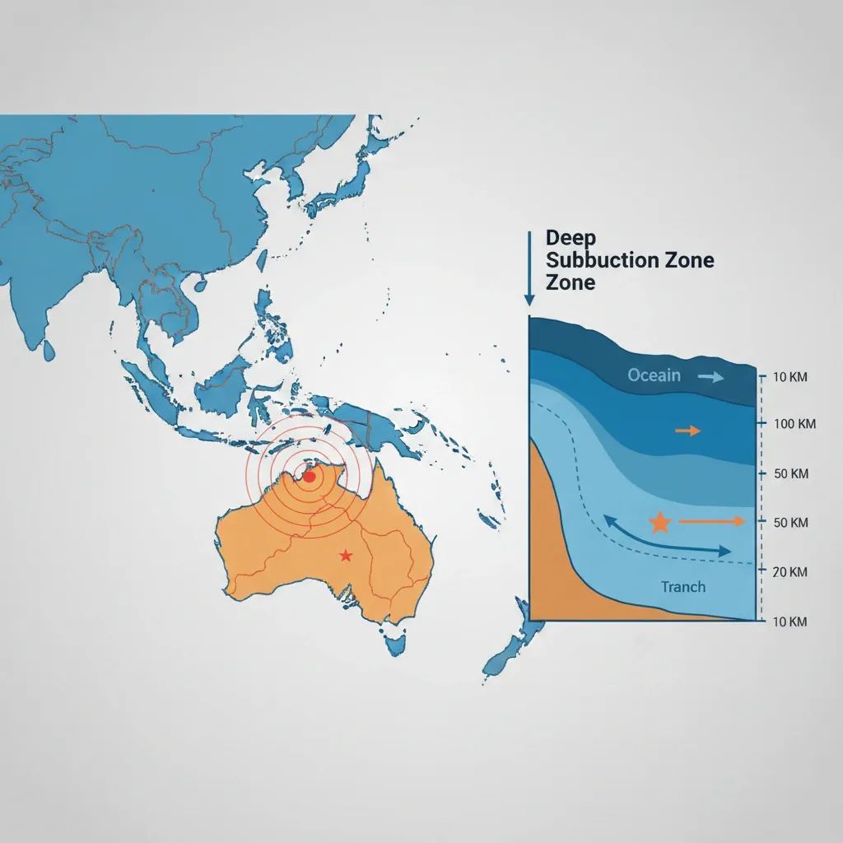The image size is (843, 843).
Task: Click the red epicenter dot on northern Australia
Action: [309, 476]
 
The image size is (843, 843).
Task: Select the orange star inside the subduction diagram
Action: [659, 522]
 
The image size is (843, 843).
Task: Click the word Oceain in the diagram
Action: [654, 375]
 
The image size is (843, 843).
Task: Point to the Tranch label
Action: [683, 587]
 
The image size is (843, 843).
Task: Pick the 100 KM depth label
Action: [794, 424]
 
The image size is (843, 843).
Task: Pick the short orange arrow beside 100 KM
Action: [687, 430]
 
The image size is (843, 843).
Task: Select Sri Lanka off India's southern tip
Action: [49, 351]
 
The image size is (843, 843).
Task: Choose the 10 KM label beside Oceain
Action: [791, 377]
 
